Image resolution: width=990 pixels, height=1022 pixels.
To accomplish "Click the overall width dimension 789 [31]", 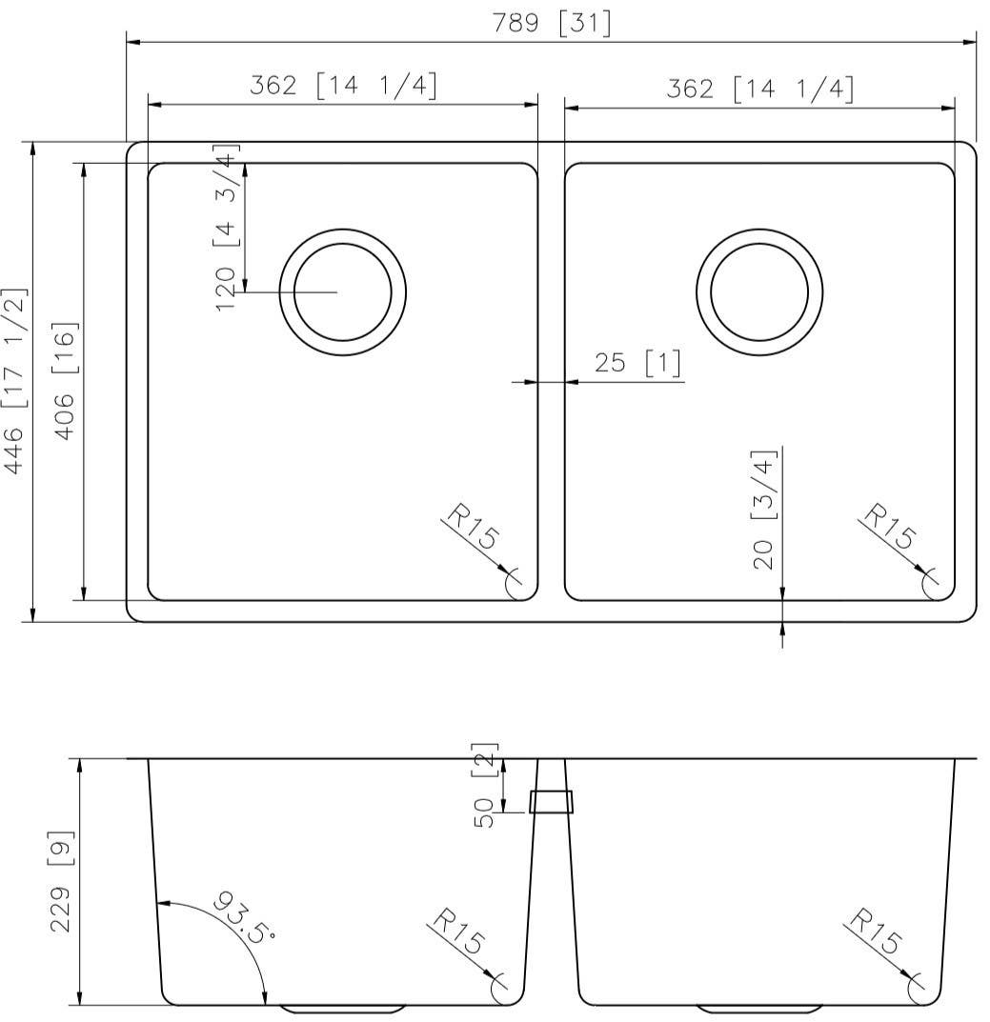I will [x=552, y=24].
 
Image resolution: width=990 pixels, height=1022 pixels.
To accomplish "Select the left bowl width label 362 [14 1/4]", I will [x=343, y=87].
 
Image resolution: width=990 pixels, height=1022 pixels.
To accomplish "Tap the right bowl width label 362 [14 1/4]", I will [x=759, y=89].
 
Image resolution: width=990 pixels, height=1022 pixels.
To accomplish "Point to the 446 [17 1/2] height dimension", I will [x=17, y=381].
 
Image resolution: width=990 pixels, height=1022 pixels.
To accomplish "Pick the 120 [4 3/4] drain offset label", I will [x=227, y=229].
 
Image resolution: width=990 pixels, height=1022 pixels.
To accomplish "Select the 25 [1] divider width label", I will [x=637, y=364].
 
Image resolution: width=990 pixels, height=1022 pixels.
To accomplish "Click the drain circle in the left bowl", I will [x=343, y=291].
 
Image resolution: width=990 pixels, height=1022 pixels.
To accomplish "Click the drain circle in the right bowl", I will [x=759, y=291].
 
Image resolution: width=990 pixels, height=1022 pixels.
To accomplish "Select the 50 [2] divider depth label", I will [x=487, y=786].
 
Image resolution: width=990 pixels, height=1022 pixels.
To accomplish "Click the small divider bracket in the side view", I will [x=552, y=801].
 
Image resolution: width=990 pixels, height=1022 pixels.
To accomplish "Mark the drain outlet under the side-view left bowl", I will [x=343, y=1008].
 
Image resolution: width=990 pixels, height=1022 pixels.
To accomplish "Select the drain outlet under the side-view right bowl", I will [x=759, y=1008].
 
